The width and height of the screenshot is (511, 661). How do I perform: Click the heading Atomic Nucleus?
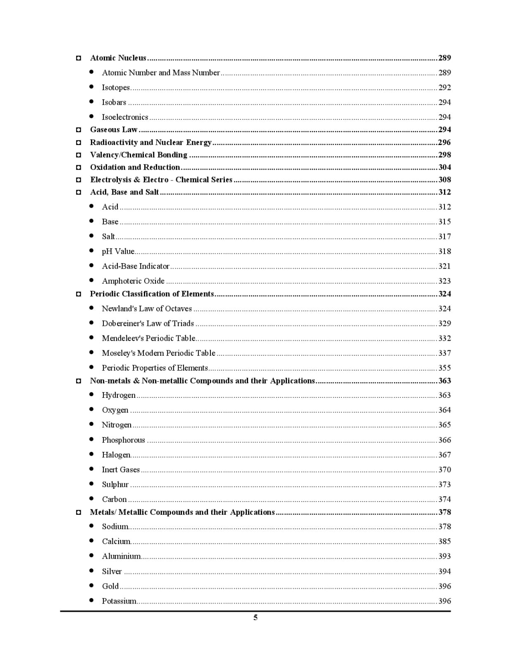pos(118,58)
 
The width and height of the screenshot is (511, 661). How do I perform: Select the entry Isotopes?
pos(116,88)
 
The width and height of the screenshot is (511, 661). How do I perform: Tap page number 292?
pos(444,88)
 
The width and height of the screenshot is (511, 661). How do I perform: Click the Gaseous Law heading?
pos(114,130)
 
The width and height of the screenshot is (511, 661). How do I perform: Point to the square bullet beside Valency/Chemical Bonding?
pos(79,155)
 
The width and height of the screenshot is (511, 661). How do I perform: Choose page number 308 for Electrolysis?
pos(444,180)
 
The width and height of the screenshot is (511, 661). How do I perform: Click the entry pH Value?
pos(118,252)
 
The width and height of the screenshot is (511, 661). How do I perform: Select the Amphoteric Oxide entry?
pos(133,281)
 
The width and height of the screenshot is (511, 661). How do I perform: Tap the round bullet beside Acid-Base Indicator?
pos(91,266)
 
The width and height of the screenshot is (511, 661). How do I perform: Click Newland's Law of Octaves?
pos(147,309)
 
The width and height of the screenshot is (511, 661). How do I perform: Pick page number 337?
pos(444,353)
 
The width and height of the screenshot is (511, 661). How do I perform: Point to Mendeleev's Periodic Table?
pos(148,338)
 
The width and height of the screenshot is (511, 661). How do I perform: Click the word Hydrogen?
pos(119,395)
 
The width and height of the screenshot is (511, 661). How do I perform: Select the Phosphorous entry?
pos(123,440)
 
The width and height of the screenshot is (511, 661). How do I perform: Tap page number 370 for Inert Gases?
pos(444,470)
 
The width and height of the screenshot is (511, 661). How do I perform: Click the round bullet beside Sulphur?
pos(91,484)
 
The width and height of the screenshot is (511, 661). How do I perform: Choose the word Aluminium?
pos(121,556)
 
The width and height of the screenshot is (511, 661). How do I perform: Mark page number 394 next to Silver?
pos(444,572)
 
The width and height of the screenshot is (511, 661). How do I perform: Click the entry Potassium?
pos(119,602)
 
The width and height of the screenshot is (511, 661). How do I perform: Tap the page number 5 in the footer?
pos(255,618)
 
